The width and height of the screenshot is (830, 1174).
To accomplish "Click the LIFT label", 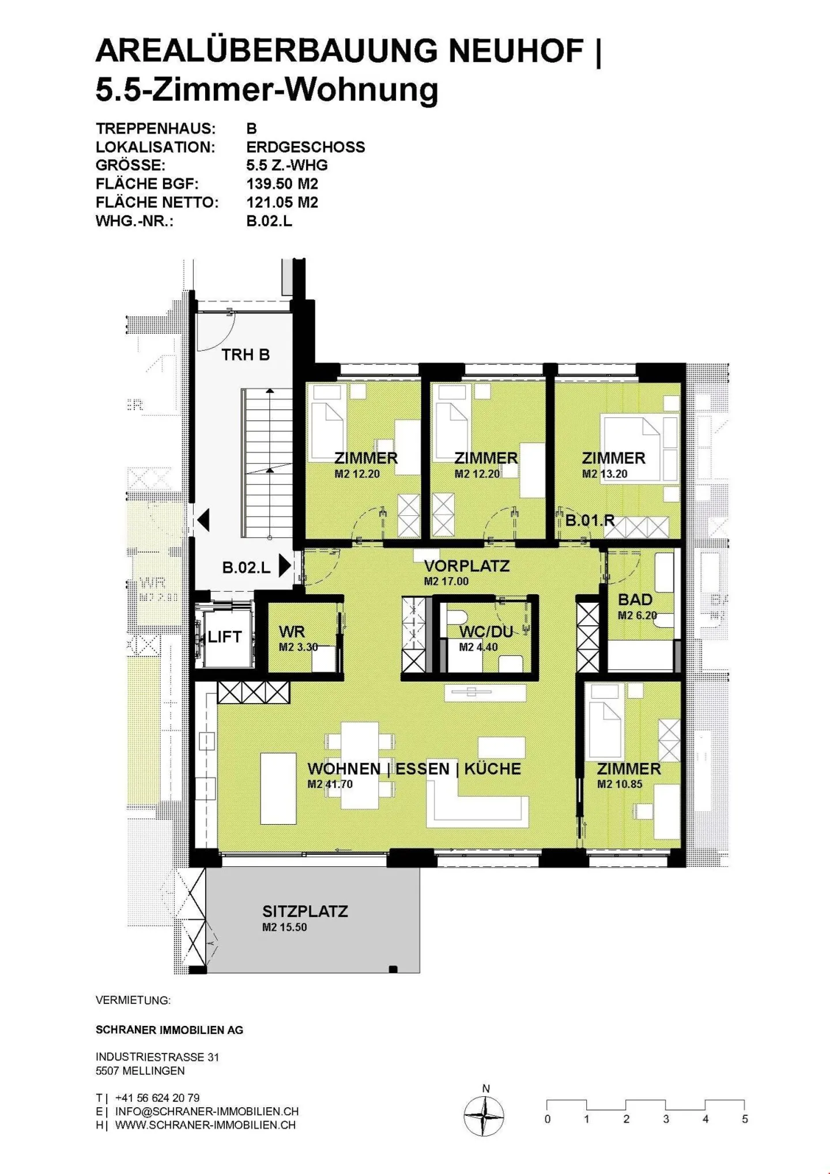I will (224, 637).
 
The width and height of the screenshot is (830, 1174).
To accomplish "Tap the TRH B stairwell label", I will (246, 354).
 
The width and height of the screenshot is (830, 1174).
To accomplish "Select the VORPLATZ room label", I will (467, 566).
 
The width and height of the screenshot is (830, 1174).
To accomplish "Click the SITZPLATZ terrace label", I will (305, 912).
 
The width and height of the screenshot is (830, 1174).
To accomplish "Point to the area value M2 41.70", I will (330, 784).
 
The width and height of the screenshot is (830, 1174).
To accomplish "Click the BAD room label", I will (635, 600).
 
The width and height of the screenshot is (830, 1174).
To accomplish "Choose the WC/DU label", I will (486, 632).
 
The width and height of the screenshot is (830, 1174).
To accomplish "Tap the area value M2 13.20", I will (605, 474).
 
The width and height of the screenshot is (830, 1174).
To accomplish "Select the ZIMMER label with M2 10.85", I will (629, 769).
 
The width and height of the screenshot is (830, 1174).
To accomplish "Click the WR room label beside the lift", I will (292, 632).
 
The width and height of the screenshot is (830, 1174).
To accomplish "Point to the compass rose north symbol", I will (484, 1116).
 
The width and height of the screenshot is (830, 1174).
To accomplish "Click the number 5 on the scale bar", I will (745, 1119).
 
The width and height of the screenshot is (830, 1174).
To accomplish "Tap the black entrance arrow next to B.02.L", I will (284, 566).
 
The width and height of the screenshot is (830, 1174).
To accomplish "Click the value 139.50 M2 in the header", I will (282, 184).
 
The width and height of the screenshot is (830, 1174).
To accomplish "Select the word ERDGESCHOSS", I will (305, 147).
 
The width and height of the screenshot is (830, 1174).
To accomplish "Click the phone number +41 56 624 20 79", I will (157, 1098).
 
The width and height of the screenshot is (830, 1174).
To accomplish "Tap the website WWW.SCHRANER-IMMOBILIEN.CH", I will (205, 1125).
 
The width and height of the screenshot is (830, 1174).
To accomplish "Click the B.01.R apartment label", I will (590, 521).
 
